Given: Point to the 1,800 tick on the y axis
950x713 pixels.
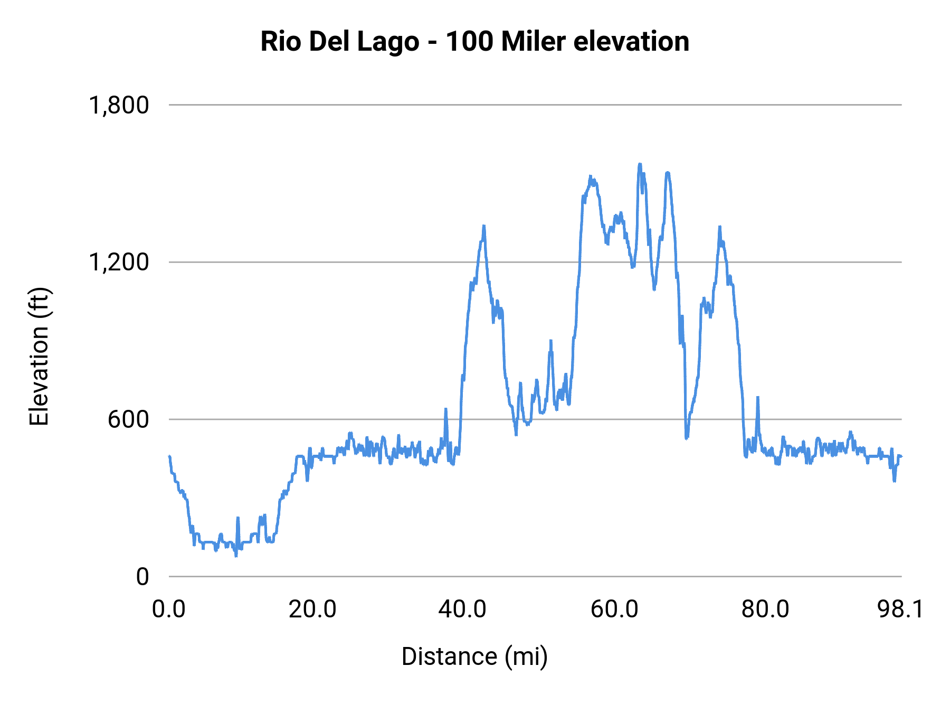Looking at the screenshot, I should point(119,105).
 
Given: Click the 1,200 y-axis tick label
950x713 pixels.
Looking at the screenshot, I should point(119,262).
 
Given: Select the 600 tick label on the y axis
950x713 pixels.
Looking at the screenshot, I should point(128,419).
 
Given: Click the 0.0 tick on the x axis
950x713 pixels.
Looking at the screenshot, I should point(169,609).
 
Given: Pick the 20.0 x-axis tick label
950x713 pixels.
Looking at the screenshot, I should point(312,609).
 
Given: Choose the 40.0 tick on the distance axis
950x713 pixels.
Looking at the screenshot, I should point(462,609).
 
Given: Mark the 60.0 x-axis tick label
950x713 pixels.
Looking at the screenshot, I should point(614,609).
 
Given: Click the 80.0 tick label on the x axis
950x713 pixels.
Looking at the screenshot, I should point(765,609).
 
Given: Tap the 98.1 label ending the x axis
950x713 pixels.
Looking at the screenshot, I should point(900,609).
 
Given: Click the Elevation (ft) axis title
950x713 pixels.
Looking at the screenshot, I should point(39,356).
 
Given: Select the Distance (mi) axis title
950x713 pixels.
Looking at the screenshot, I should point(474,656).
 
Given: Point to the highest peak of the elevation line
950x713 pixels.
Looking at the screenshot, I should point(640,164).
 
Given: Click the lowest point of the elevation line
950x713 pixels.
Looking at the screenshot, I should point(236,556).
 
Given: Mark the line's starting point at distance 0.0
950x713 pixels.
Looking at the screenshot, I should point(169,456).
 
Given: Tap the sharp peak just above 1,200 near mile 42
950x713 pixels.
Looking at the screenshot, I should point(483,226).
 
